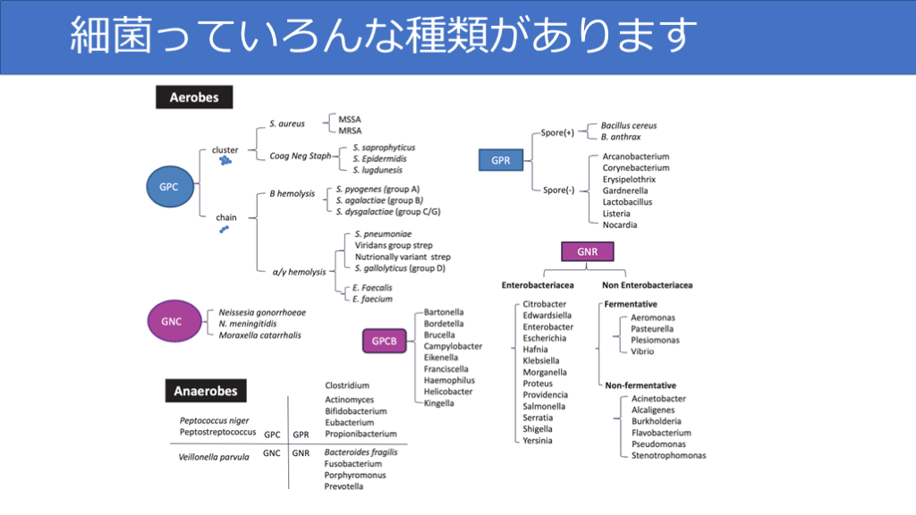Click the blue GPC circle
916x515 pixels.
168,187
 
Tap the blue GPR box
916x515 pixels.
501,161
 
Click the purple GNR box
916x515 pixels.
587,252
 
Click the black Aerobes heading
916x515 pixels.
194,97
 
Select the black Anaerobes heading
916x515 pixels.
207,391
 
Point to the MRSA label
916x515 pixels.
350,131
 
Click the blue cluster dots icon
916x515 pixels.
225,161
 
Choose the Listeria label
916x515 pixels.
616,214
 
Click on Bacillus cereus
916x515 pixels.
629,126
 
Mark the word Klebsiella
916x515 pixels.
542,361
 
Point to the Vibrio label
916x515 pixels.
642,351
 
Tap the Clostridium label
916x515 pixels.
347,385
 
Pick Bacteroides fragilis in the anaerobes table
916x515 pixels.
360,452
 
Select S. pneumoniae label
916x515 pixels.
383,233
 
